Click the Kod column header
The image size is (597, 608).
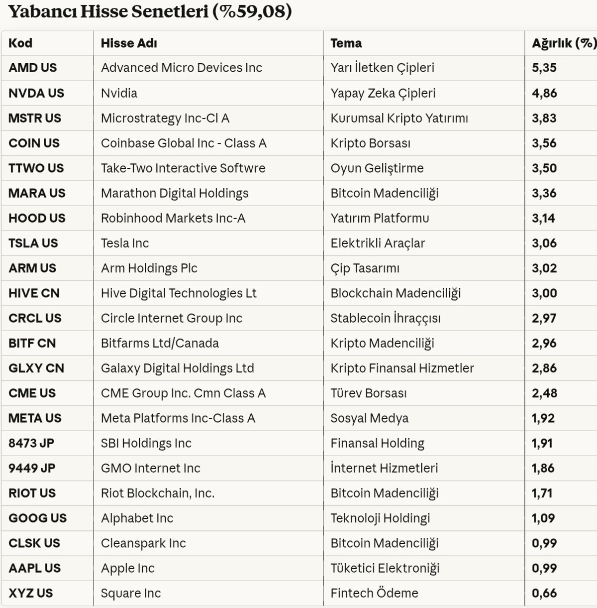20,43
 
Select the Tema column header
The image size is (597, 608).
346,43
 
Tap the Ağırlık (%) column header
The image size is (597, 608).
564,43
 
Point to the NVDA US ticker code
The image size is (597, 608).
36,93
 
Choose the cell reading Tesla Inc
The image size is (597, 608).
125,243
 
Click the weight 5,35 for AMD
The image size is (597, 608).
544,68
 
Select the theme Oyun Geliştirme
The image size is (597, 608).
377,168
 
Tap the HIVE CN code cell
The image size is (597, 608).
34,293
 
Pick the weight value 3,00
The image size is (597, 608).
544,293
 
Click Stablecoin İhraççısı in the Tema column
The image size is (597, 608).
386,318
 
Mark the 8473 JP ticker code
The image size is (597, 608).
31,443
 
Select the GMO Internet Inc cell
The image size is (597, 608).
150,468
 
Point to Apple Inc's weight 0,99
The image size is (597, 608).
544,568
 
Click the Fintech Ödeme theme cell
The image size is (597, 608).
374,593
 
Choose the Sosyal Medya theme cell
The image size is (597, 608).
369,418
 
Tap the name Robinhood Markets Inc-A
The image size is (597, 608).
173,218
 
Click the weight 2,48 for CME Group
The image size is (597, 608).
544,393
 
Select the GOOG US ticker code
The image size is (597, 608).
37,518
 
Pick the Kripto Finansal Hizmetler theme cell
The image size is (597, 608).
402,368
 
